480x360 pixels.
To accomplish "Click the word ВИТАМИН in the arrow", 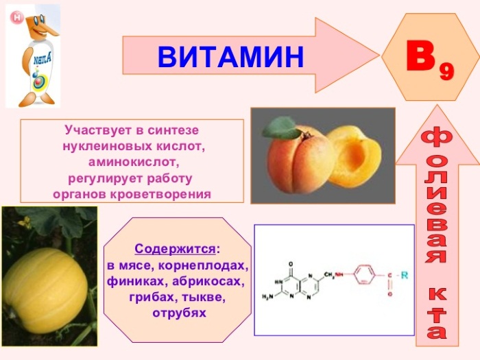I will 230,57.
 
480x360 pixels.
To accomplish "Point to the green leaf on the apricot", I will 282,128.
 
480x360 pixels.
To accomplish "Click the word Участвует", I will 93,129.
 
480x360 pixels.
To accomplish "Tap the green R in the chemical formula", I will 405,275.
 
